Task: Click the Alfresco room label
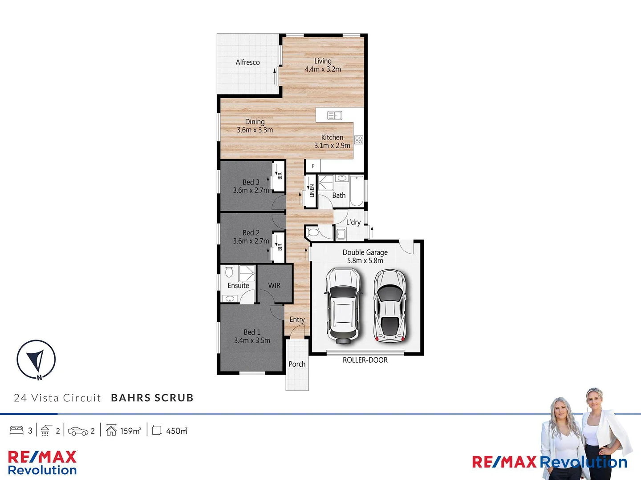247,62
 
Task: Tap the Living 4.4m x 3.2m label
323,65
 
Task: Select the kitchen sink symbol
334,116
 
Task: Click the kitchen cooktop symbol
359,140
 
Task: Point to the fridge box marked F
313,166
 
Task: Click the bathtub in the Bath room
357,191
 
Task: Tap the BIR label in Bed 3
280,176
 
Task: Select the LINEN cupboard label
312,191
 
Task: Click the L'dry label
353,222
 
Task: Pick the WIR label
274,285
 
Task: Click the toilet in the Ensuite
229,271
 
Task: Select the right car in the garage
390,305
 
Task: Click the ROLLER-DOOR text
365,360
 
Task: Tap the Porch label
297,364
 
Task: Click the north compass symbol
36,360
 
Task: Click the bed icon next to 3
16,430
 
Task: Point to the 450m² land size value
176,431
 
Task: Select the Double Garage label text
365,252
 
